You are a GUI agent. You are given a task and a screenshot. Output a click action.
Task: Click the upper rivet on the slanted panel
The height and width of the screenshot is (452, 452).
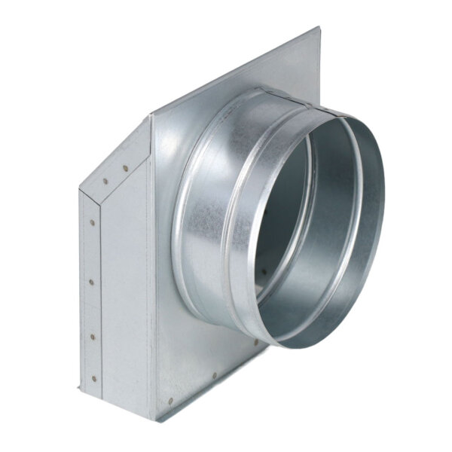pyautogui.click(x=125, y=169)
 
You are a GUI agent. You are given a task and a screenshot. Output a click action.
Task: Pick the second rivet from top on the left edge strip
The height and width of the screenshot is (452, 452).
pyautogui.click(x=92, y=282)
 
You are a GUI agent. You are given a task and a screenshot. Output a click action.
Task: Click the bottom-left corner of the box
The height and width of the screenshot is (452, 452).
pyautogui.click(x=78, y=389)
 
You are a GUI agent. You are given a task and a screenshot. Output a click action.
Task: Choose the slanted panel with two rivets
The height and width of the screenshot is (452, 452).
pyautogui.click(x=117, y=162)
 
